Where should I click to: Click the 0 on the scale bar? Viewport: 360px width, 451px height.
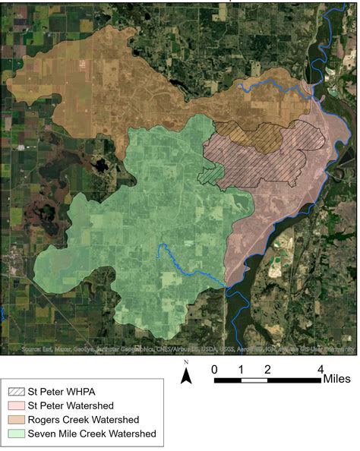[x=215, y=369]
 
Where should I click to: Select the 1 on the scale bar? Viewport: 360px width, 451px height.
[x=241, y=369]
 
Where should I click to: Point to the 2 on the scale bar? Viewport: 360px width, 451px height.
[x=267, y=369]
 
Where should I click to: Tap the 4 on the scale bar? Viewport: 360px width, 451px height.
[x=320, y=369]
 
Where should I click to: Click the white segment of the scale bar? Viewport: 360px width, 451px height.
[x=254, y=379]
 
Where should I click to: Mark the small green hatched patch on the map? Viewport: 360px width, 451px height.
[x=210, y=175]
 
